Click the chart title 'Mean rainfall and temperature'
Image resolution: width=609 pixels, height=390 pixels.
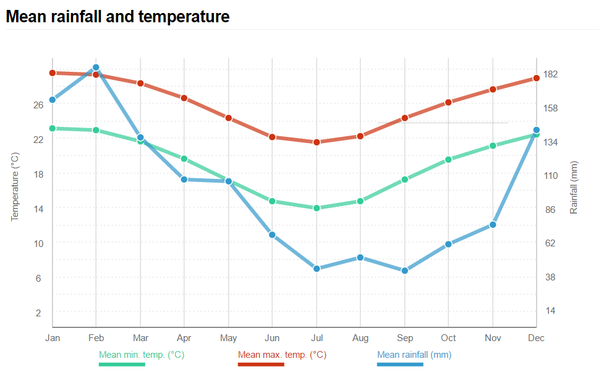pyautogui.click(x=117, y=17)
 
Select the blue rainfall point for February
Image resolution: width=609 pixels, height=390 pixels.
pyautogui.click(x=96, y=67)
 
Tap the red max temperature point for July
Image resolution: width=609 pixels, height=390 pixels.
pyautogui.click(x=317, y=142)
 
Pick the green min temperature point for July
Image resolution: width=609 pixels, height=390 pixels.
pyautogui.click(x=317, y=208)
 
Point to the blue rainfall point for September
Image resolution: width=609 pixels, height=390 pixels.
pyautogui.click(x=405, y=271)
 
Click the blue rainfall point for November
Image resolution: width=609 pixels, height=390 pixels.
pyautogui.click(x=493, y=225)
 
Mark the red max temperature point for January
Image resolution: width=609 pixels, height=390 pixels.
pyautogui.click(x=53, y=72)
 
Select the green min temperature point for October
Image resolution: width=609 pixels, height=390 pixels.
pyautogui.click(x=448, y=160)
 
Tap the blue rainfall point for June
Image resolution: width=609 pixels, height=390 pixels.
pyautogui.click(x=272, y=235)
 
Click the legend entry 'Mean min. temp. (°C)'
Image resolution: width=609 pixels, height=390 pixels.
pyautogui.click(x=142, y=355)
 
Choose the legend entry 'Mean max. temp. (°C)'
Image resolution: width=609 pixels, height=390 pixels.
pyautogui.click(x=282, y=355)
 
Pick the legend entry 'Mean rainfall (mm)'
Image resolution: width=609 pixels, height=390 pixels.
pyautogui.click(x=414, y=355)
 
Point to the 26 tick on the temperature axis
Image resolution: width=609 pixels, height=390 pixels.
pyautogui.click(x=38, y=105)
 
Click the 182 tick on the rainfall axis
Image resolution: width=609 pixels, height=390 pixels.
pyautogui.click(x=550, y=74)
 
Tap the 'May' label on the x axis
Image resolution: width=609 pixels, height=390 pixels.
pyautogui.click(x=228, y=338)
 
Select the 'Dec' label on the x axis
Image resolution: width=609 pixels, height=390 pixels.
pyautogui.click(x=536, y=338)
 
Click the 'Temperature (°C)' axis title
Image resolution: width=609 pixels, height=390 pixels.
pyautogui.click(x=15, y=186)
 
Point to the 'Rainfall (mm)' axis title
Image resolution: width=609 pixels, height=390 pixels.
pyautogui.click(x=574, y=188)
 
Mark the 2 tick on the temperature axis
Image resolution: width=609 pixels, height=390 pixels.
pyautogui.click(x=38, y=313)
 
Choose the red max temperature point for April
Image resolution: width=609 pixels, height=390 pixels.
pyautogui.click(x=184, y=98)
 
